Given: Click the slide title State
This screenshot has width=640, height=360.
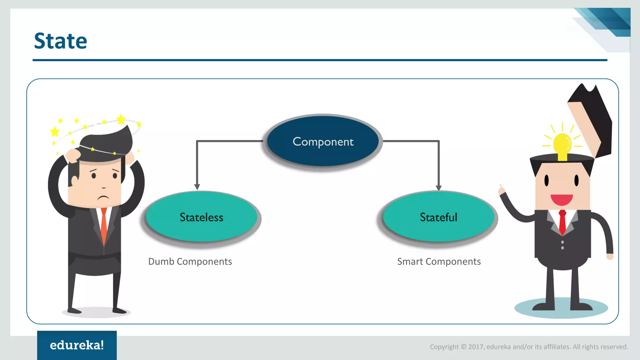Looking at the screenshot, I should click(x=60, y=41).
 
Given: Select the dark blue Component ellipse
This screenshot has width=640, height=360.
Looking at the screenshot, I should click(x=323, y=141).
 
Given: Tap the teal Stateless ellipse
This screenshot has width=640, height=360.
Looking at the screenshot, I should click(x=202, y=217).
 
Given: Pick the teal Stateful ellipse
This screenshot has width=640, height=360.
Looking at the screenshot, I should click(x=438, y=217).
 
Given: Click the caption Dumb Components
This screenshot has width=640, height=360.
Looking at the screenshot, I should click(x=190, y=262).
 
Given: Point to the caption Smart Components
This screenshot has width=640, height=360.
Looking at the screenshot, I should click(x=439, y=262).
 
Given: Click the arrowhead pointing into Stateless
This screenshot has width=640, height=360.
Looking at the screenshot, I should click(x=197, y=187).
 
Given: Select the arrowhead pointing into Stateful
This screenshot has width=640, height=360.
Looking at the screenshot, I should click(x=439, y=187).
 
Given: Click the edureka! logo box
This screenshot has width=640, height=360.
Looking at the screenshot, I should click(x=77, y=345).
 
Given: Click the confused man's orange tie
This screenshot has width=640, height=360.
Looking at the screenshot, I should click(x=103, y=225).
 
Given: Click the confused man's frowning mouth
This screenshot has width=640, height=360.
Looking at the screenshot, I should click(x=103, y=198).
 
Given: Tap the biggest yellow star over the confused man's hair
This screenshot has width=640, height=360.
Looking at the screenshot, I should click(x=121, y=119).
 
